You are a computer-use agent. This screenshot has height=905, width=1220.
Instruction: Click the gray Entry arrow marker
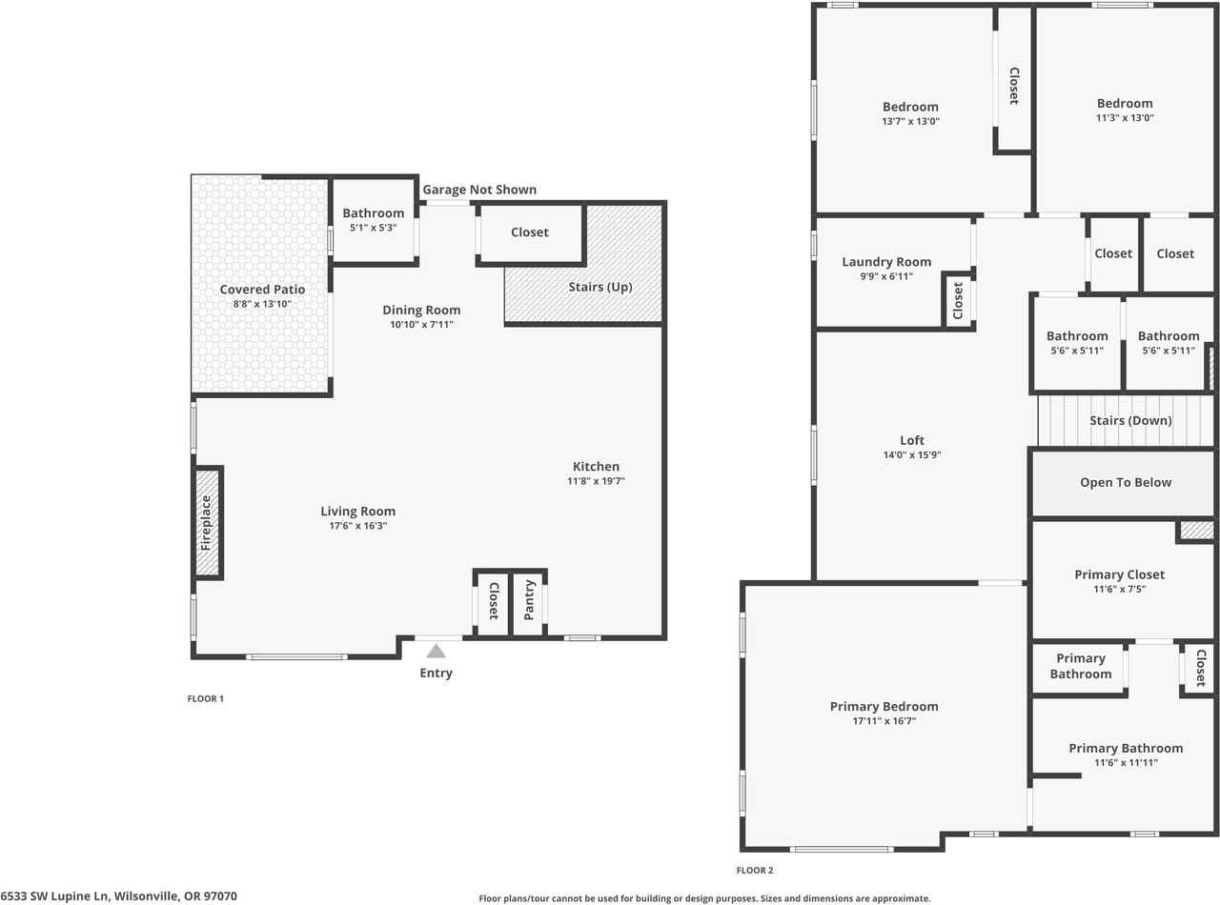[436, 652]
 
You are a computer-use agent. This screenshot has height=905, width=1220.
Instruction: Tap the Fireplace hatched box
[207, 522]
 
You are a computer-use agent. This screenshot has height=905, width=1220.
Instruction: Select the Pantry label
[529, 600]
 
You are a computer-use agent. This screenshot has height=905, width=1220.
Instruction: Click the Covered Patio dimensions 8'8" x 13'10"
[262, 304]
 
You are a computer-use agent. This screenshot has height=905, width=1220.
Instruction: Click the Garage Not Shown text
[479, 190]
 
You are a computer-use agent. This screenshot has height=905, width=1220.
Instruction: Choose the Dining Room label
[421, 310]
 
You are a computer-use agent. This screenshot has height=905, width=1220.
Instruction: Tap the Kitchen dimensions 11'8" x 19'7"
[596, 481]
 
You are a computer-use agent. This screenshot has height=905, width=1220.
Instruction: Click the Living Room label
[357, 512]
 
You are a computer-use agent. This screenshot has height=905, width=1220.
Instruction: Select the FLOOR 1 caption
[205, 698]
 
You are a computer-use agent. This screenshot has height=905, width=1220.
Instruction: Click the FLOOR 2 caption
[755, 870]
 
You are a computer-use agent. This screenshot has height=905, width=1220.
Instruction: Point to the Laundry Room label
[886, 262]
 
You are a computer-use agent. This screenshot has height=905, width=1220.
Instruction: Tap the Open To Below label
[1126, 482]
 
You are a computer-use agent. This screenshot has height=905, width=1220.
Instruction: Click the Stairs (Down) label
[1130, 420]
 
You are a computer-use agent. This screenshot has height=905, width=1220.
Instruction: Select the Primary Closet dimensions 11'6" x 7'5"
[1120, 589]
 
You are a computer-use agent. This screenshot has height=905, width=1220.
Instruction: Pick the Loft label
[912, 440]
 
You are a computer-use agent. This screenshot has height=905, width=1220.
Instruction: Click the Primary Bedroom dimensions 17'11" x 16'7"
[884, 721]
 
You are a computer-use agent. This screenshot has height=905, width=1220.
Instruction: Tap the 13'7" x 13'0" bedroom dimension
[910, 121]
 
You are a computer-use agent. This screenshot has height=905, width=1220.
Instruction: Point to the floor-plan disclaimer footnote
[703, 897]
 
